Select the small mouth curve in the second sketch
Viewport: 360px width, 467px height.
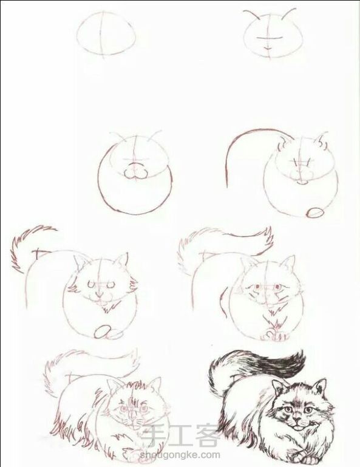pyautogui.click(x=268, y=47)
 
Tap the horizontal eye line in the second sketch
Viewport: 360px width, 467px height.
pyautogui.click(x=268, y=38)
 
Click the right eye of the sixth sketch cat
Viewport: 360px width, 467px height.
pyautogui.click(x=278, y=287)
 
